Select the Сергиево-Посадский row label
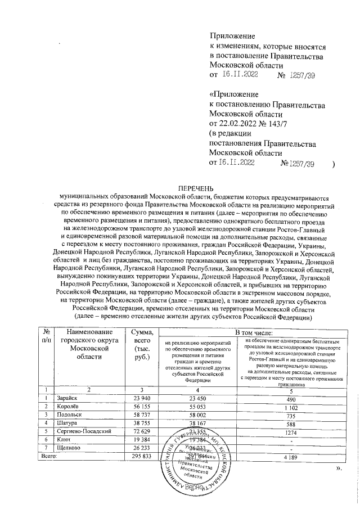tap(83, 431)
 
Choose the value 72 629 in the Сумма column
tap(137, 431)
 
